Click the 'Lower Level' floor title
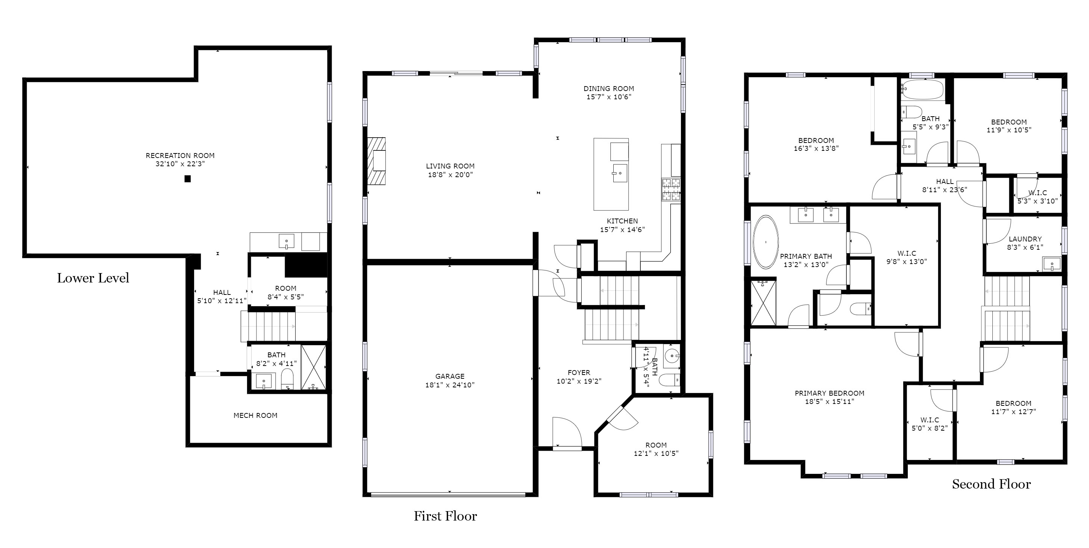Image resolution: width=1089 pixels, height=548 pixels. tap(93, 278)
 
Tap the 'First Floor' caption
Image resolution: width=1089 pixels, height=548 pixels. tap(445, 516)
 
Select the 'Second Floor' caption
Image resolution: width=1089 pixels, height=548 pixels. tap(991, 484)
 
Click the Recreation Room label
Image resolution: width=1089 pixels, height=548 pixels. tap(180, 156)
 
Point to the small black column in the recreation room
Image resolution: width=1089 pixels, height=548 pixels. tap(188, 179)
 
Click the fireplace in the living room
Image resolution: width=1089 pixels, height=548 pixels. tap(376, 161)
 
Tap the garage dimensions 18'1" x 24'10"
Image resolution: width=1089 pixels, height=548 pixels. tap(450, 385)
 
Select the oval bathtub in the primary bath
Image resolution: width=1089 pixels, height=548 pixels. tap(766, 242)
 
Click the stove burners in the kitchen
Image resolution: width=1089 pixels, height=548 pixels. tap(671, 190)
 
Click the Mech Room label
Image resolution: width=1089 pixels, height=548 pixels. tap(255, 416)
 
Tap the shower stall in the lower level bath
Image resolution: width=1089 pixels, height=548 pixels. tap(314, 367)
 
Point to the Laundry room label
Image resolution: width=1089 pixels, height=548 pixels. tap(1025, 239)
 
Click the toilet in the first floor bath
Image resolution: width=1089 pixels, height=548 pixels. tap(670, 380)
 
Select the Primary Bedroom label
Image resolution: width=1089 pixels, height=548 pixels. tap(830, 393)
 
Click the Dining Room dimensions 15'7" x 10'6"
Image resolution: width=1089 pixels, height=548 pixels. tap(609, 97)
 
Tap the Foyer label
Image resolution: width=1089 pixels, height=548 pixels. tap(579, 372)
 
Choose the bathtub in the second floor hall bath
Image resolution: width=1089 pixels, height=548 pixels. tap(922, 90)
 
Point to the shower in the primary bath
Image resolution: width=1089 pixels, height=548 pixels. tap(763, 303)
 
